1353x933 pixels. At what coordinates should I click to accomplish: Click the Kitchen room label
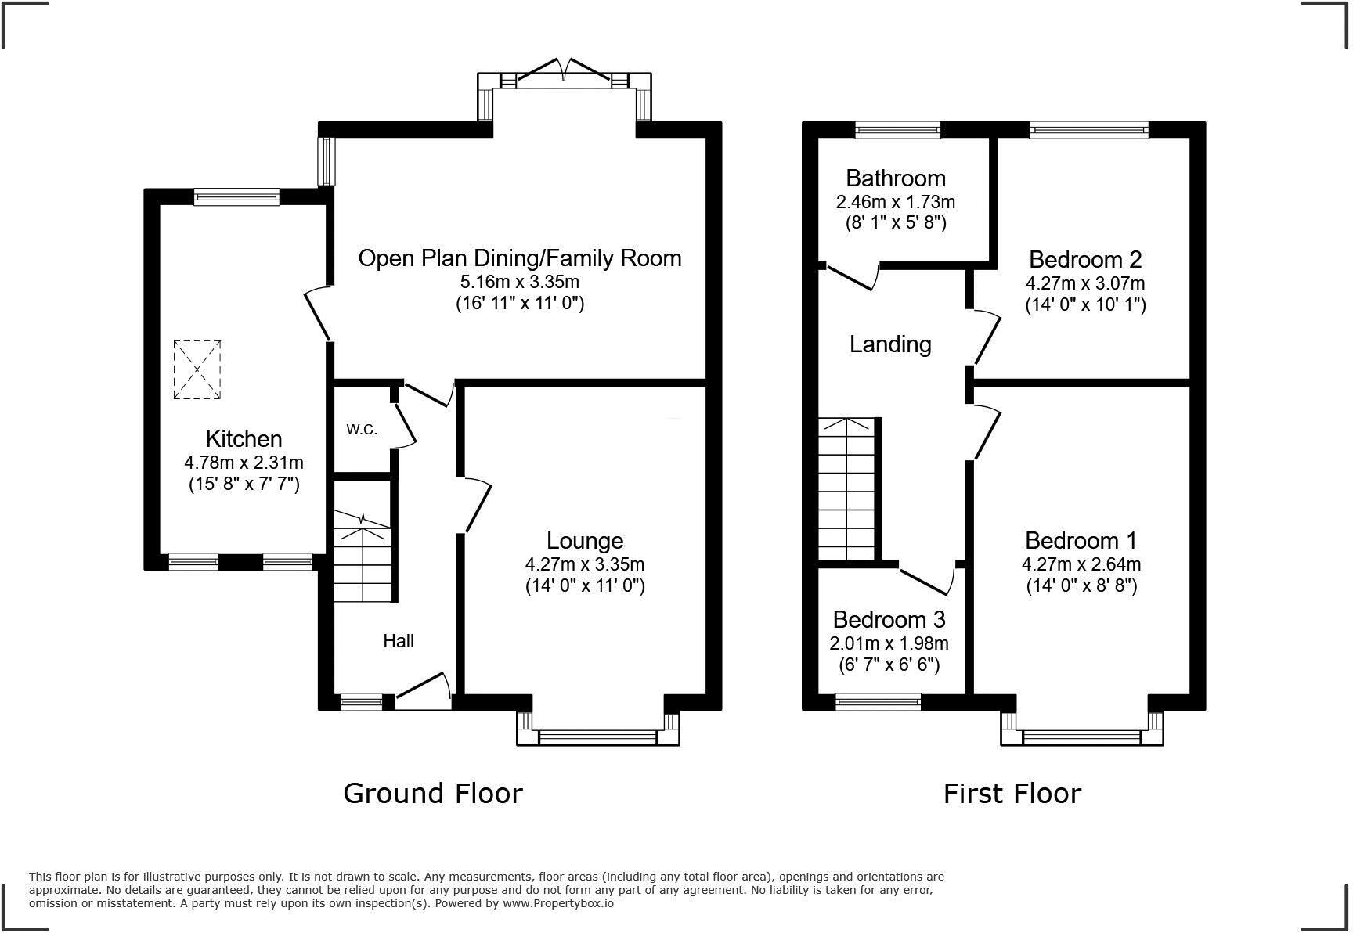pos(244,438)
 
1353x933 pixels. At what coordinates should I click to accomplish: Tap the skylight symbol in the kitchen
pos(197,369)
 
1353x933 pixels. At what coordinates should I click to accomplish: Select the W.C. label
pos(362,429)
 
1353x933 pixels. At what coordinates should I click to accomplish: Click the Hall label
pos(399,641)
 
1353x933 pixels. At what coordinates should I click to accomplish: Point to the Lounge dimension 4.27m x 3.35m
pos(584,564)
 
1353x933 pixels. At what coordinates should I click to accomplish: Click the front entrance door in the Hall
pos(424,692)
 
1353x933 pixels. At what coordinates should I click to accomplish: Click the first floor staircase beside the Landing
pos(846,489)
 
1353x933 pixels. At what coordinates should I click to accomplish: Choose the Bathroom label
pos(896,178)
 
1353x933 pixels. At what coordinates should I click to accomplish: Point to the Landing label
pos(890,344)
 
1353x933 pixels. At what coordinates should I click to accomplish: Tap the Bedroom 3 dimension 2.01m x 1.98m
pos(889,643)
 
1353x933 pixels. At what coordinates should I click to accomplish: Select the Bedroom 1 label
pos(1081,540)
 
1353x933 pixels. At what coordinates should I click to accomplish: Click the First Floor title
pos(1012,794)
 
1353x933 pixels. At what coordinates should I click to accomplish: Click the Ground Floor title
pos(433,794)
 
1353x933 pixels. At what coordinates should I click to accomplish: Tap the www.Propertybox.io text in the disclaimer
pos(557,903)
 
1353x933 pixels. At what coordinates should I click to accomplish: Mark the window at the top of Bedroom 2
pos(1088,130)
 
